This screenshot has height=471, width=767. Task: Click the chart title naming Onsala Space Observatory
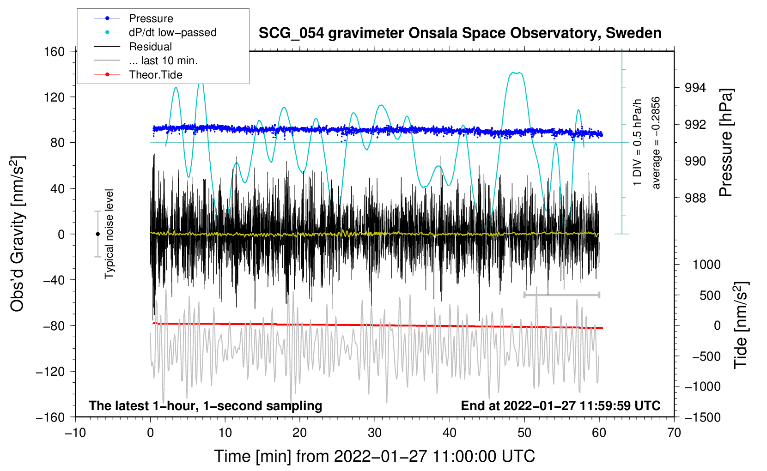[x=460, y=33]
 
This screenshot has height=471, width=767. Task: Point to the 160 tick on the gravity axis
[x=55, y=52]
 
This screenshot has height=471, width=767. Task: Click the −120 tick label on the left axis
[x=50, y=371]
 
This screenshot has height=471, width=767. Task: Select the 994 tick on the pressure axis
[x=695, y=88]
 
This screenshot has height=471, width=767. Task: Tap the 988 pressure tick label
[x=695, y=198]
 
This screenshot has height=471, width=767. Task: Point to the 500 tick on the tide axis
[x=710, y=296]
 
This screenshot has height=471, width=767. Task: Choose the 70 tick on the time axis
[x=674, y=433]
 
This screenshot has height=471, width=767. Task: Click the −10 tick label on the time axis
[x=75, y=433]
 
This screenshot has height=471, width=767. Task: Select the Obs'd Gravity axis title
[x=18, y=234]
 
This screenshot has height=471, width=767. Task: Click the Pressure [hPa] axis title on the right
[x=726, y=142]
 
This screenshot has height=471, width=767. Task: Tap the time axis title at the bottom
[x=375, y=456]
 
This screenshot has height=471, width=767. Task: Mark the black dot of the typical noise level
[x=97, y=234]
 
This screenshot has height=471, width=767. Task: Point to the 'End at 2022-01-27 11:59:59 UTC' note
[x=560, y=405]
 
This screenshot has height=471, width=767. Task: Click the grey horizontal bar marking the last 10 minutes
[x=561, y=295]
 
